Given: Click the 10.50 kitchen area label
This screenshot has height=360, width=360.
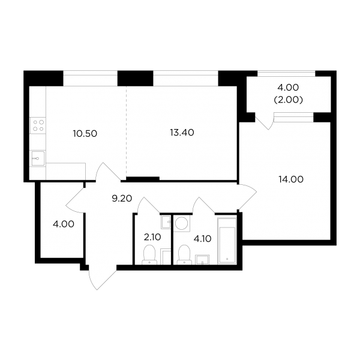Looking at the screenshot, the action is (85, 133).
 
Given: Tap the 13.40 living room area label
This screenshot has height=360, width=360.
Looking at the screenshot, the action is (182, 133).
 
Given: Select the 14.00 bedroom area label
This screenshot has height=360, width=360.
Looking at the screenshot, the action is (291, 179).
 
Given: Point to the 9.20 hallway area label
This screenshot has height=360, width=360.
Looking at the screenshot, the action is (122, 199).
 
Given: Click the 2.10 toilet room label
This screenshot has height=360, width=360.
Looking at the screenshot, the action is (152, 237).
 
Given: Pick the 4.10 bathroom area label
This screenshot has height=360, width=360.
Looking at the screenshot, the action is (202, 239).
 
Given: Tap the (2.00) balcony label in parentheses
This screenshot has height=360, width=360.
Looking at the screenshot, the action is (289, 100).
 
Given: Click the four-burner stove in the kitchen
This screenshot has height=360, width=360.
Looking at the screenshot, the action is (38, 125).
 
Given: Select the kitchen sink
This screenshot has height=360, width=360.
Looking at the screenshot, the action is (38, 158).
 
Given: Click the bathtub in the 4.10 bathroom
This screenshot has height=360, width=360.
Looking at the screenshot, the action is (227, 241).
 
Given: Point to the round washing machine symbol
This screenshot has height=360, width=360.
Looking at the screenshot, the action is (182, 223).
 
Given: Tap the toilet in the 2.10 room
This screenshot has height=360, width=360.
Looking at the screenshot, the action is (149, 254).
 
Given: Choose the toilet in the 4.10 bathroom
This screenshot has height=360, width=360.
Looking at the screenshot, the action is (184, 254).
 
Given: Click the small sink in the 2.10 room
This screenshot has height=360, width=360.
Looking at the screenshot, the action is (166, 222).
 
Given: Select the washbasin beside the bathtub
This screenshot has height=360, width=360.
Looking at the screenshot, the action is (202, 259).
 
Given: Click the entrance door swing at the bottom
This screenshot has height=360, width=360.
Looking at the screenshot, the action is (103, 280).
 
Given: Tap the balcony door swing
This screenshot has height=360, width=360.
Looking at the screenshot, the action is (264, 121).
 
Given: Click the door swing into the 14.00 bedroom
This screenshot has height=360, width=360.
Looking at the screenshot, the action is (247, 197).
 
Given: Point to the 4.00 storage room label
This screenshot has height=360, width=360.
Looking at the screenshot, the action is (64, 224).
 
